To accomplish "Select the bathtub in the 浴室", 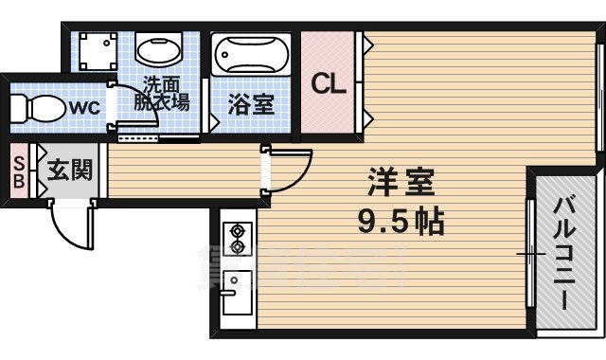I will tap(250, 54).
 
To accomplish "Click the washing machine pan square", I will tap(96, 50).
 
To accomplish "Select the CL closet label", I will tap(329, 84).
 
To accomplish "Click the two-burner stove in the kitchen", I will tap(237, 239).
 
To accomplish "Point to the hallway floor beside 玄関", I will tap(180, 171).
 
